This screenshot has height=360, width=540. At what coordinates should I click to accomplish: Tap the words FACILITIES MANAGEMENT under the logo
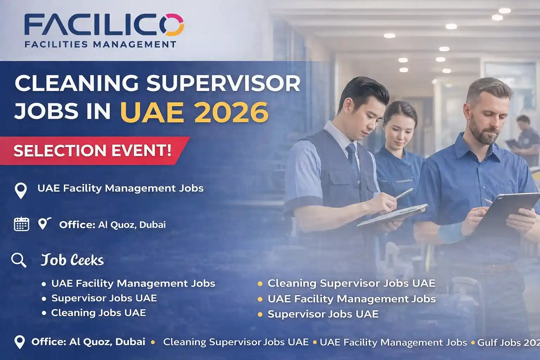100,44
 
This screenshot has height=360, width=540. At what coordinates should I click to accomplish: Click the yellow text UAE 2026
194,111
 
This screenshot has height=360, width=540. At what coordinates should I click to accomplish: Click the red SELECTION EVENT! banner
93,150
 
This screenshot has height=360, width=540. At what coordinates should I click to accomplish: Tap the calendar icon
21,224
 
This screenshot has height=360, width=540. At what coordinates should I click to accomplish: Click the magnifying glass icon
18,260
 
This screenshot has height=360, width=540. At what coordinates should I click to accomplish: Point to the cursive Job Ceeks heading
72,260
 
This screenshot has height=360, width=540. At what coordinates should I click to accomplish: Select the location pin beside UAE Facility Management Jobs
21,191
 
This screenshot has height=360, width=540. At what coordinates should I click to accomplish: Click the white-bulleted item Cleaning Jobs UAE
98,313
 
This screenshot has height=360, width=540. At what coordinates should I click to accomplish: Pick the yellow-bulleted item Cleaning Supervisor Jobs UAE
351,283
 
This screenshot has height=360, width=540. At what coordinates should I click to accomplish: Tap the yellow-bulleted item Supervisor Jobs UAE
323,314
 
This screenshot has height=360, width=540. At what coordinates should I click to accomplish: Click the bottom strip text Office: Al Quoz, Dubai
88,342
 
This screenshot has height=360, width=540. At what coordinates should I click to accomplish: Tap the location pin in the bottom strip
19,342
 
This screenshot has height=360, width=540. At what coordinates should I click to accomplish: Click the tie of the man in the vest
353,158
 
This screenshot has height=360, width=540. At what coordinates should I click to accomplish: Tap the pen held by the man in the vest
404,194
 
